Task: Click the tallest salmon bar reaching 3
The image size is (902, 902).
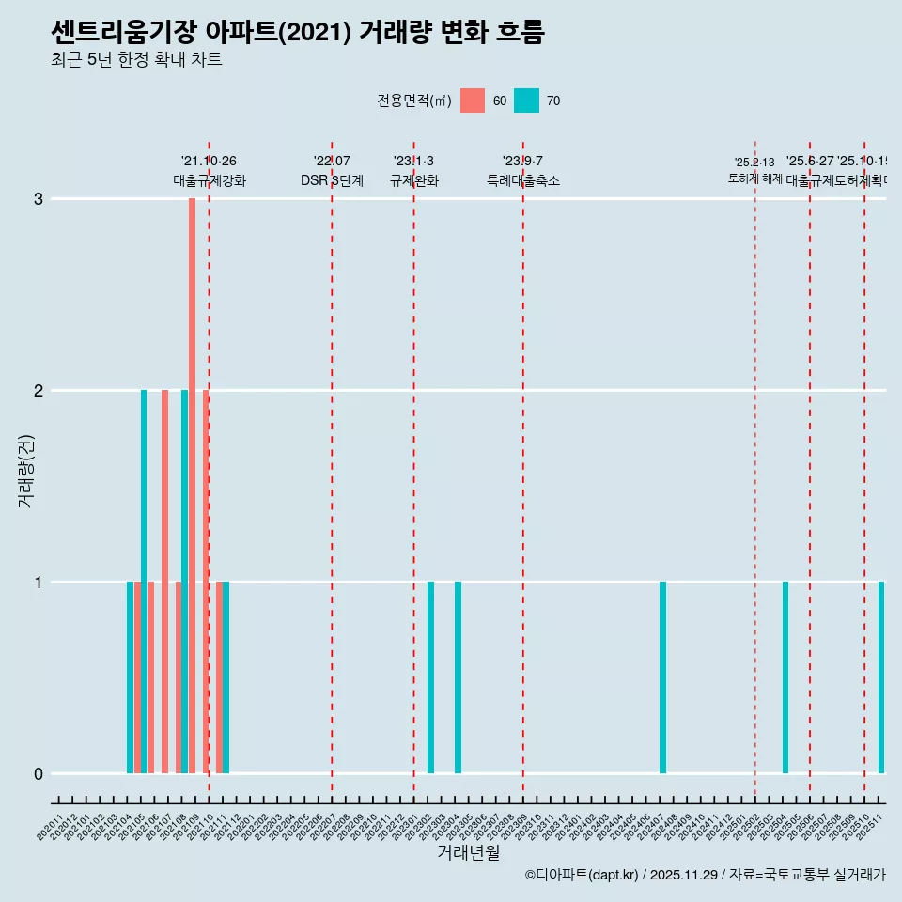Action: [192, 485]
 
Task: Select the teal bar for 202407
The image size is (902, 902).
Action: [662, 676]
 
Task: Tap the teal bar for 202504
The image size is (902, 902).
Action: [785, 676]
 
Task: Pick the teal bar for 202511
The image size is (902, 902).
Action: [881, 676]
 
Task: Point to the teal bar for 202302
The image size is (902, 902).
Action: [430, 676]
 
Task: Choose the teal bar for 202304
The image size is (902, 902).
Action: [458, 676]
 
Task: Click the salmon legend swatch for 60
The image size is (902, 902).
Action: [473, 101]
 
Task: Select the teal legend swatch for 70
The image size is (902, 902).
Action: [527, 101]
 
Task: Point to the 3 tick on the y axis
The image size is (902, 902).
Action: [39, 198]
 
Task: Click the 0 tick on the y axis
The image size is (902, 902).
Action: [39, 773]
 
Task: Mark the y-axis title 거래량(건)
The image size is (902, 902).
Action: [25, 470]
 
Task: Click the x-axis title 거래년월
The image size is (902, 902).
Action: [468, 853]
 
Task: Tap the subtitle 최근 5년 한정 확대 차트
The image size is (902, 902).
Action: [136, 60]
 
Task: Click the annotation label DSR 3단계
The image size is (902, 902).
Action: [332, 180]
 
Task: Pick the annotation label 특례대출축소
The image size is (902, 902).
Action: [522, 180]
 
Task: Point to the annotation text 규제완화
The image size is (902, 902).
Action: [413, 180]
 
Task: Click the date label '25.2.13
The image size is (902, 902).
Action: [754, 163]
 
